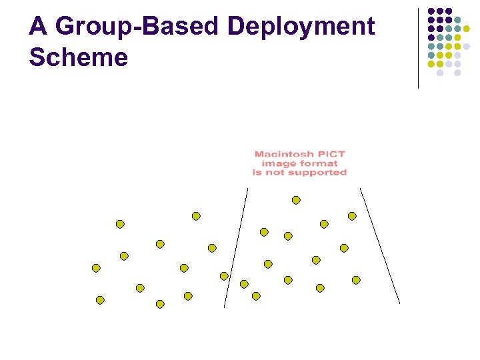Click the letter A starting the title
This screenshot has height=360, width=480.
tap(38, 27)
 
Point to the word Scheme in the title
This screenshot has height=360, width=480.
tap(78, 57)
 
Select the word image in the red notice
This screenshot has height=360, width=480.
tap(277, 163)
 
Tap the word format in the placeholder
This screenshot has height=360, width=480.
tap(317, 163)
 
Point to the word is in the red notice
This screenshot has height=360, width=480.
tap(257, 172)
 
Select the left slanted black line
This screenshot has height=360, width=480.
tap(236, 247)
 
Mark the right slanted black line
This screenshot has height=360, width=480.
tap(380, 246)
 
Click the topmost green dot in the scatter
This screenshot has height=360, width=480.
tap(296, 200)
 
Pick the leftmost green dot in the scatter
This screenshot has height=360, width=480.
tap(96, 268)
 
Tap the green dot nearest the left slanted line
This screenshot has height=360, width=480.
tap(224, 276)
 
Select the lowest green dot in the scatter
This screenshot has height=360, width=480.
tap(160, 304)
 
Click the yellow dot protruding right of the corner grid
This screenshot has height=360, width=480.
tap(467, 29)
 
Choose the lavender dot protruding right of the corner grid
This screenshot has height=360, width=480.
tap(467, 47)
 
